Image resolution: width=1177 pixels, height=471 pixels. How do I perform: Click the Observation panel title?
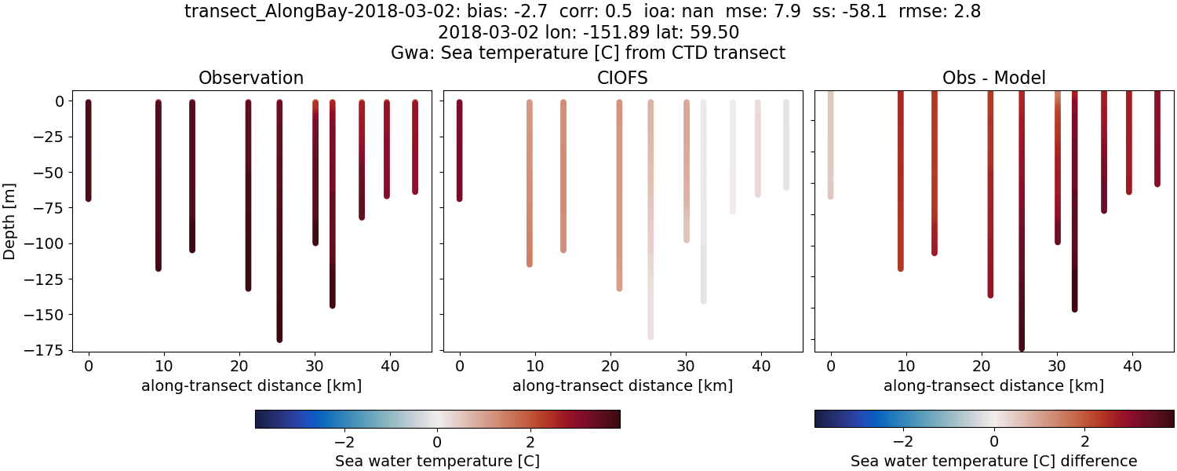[x=251, y=78]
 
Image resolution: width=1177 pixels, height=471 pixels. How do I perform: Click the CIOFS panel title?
[x=622, y=78]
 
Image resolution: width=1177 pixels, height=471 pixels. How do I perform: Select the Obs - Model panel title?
[x=993, y=78]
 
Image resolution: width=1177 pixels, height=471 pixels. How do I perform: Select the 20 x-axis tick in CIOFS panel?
[x=610, y=366]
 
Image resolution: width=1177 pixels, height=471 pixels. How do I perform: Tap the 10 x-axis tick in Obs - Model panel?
[x=906, y=366]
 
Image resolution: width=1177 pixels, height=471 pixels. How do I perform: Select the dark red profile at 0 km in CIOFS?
[x=460, y=149]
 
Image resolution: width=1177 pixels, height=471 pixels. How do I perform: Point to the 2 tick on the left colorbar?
[x=531, y=437]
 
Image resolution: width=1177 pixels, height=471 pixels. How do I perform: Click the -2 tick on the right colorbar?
[x=902, y=437]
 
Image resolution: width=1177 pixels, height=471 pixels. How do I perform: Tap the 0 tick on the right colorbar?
[x=994, y=437]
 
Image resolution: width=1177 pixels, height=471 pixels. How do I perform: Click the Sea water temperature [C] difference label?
[x=993, y=461]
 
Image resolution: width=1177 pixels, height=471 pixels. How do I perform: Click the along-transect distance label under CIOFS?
[x=622, y=385]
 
